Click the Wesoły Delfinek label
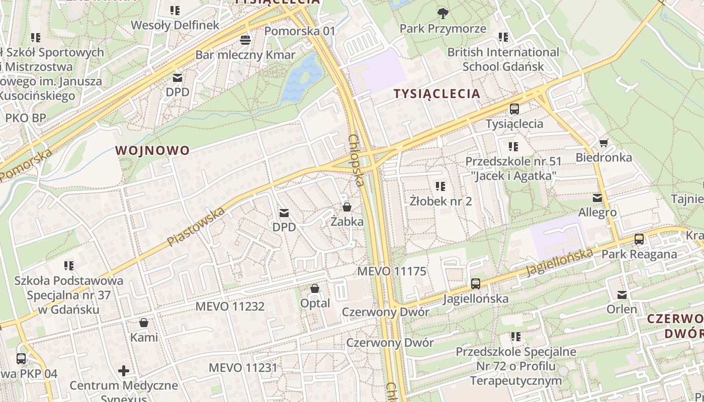click(x=175, y=25)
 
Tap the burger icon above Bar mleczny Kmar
click(x=245, y=40)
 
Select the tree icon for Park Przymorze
click(x=443, y=13)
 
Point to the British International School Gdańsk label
click(x=503, y=59)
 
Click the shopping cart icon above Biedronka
click(x=603, y=143)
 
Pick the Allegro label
click(x=597, y=213)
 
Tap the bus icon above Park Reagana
click(x=639, y=239)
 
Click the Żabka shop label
click(x=347, y=221)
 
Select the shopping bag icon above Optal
click(x=315, y=288)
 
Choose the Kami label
click(x=144, y=337)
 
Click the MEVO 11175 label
click(x=391, y=271)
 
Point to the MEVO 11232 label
click(x=230, y=306)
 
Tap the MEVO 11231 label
click(x=243, y=368)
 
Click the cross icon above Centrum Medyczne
click(x=124, y=371)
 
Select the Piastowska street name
click(x=196, y=228)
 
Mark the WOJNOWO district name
click(x=152, y=150)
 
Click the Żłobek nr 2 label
click(x=441, y=202)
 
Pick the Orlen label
click(x=622, y=309)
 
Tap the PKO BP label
click(x=25, y=118)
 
